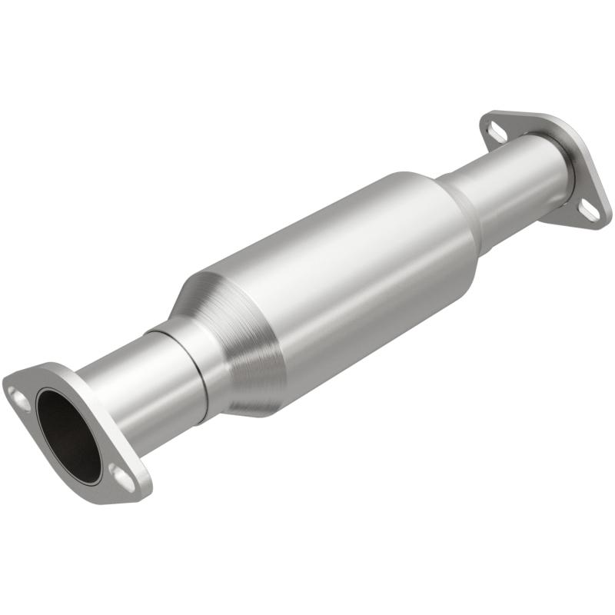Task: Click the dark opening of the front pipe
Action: (67, 434)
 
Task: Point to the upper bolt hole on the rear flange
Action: (496, 131)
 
